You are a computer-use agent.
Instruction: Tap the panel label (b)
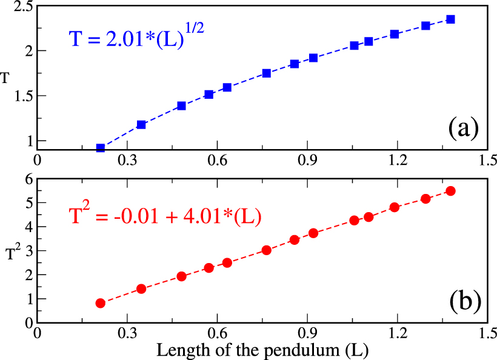point(464,299)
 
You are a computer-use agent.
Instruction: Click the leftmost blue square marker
point(101,147)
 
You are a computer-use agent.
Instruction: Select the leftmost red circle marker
point(101,303)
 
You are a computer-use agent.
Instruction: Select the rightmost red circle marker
point(450,191)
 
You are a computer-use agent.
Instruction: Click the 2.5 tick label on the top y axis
point(20,6)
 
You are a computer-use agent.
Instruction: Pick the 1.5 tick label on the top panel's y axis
point(20,96)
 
